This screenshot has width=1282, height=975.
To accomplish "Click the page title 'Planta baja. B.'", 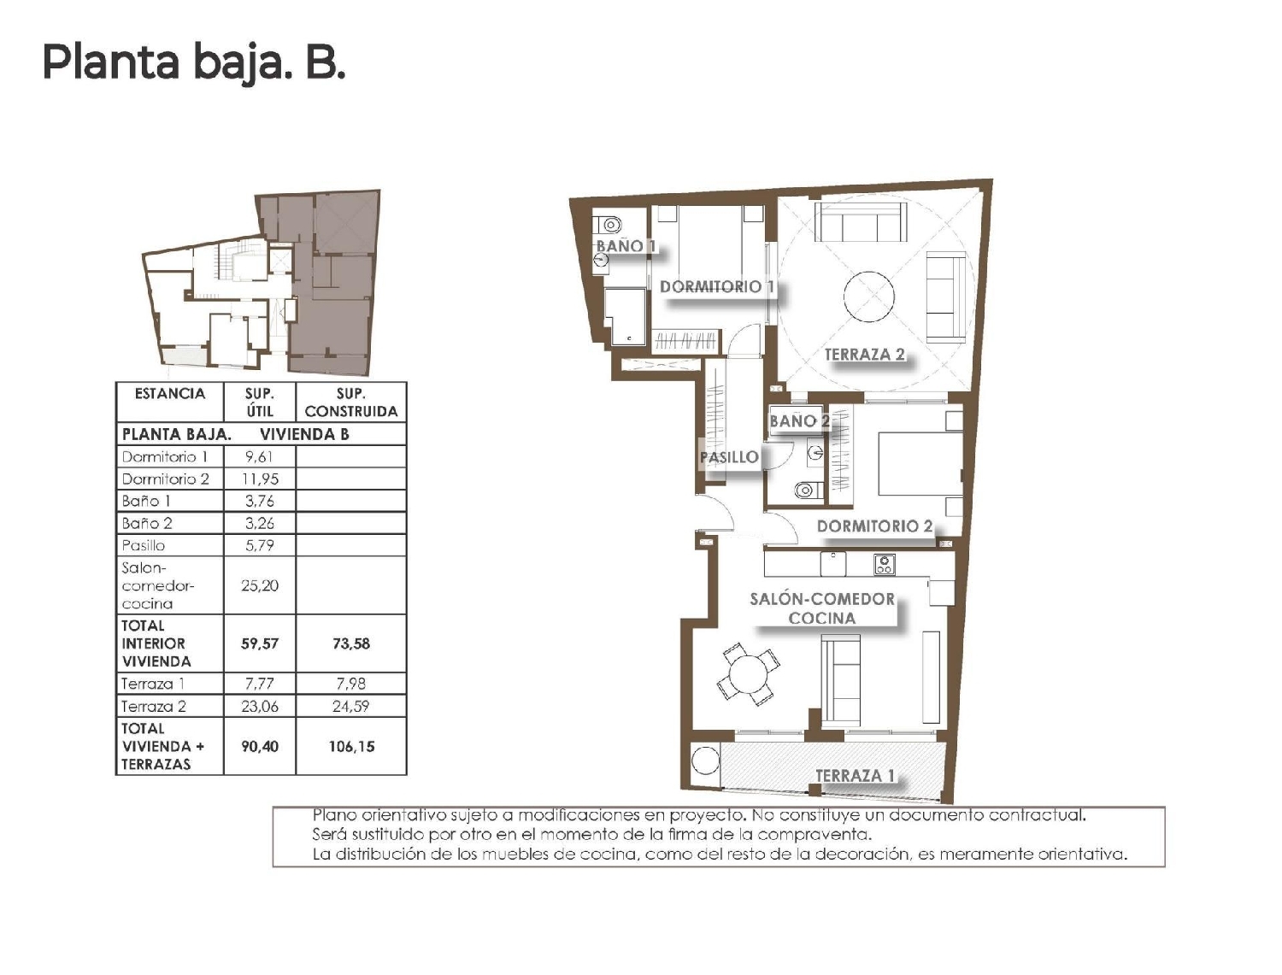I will click(194, 63).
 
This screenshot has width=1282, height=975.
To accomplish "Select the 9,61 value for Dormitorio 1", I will click(259, 456).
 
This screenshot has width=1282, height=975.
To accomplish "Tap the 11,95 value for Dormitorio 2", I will click(259, 479).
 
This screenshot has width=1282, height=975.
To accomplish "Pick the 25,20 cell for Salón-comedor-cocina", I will click(259, 585).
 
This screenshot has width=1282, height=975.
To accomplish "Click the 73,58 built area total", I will click(350, 643).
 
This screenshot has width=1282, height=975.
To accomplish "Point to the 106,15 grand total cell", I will click(350, 746).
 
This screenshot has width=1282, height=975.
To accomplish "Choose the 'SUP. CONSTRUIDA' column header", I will click(350, 402).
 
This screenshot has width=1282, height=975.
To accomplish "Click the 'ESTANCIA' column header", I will click(170, 394).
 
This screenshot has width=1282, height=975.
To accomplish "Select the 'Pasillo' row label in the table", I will click(144, 545).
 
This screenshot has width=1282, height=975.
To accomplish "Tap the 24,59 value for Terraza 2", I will click(350, 706).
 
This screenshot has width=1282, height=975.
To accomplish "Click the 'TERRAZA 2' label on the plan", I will click(864, 355).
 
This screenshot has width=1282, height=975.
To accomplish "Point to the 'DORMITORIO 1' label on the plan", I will click(716, 287).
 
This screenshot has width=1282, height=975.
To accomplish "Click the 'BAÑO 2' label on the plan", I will click(799, 420).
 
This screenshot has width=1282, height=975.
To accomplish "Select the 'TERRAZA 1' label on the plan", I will click(855, 776).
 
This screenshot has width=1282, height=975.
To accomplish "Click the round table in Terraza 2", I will click(869, 297).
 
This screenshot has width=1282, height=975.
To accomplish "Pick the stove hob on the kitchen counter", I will click(884, 564).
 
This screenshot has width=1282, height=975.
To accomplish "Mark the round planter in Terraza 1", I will click(705, 761).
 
